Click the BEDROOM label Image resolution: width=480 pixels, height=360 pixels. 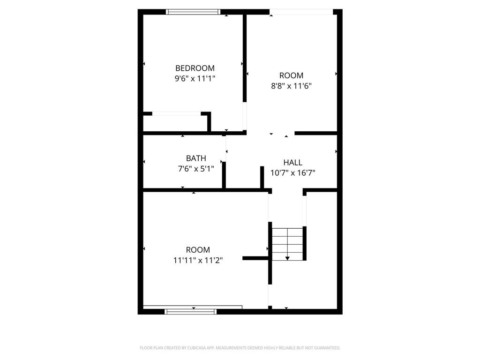(195, 68)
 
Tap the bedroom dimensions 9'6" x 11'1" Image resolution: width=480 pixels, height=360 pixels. (195, 79)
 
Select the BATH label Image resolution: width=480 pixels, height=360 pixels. (196, 158)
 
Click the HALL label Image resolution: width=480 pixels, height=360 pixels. (292, 163)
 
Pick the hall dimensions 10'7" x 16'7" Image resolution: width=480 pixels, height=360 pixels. (293, 172)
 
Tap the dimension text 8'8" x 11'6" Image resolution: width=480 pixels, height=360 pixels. (291, 86)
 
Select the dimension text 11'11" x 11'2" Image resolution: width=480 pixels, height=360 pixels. (198, 260)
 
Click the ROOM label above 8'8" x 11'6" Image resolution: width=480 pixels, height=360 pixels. (291, 75)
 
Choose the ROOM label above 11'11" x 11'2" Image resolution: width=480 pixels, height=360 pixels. (198, 250)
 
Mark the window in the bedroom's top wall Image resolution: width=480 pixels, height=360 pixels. (194, 12)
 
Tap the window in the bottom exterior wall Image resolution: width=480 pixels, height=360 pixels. (191, 310)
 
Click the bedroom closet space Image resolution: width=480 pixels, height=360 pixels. (175, 123)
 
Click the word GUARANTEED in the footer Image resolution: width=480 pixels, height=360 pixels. (326, 348)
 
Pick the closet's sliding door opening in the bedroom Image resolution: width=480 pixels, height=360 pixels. (177, 113)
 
